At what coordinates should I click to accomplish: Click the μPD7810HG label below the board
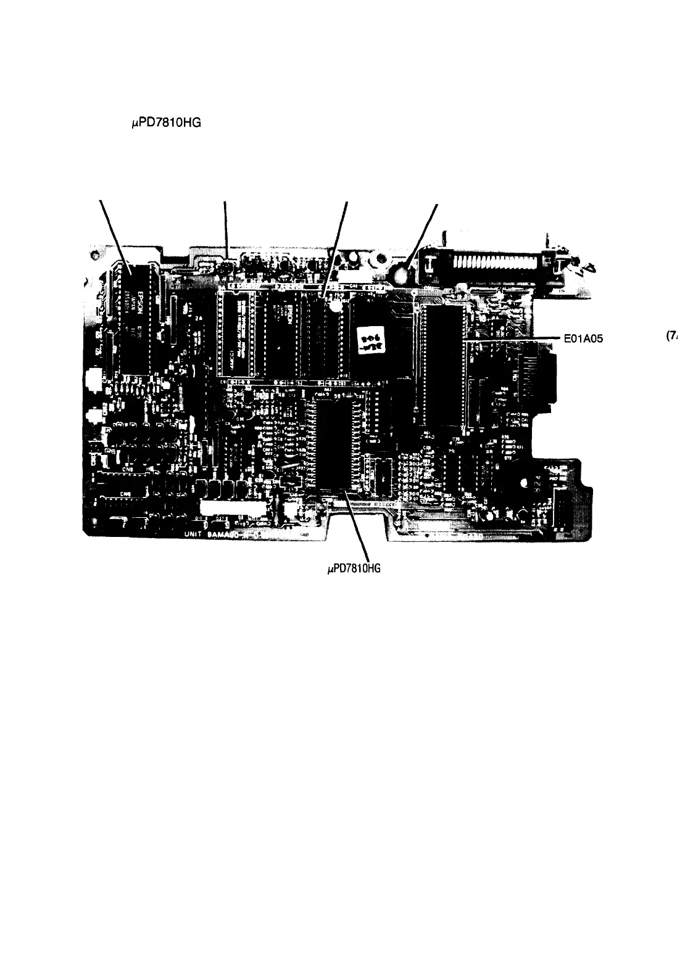tap(354, 568)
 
